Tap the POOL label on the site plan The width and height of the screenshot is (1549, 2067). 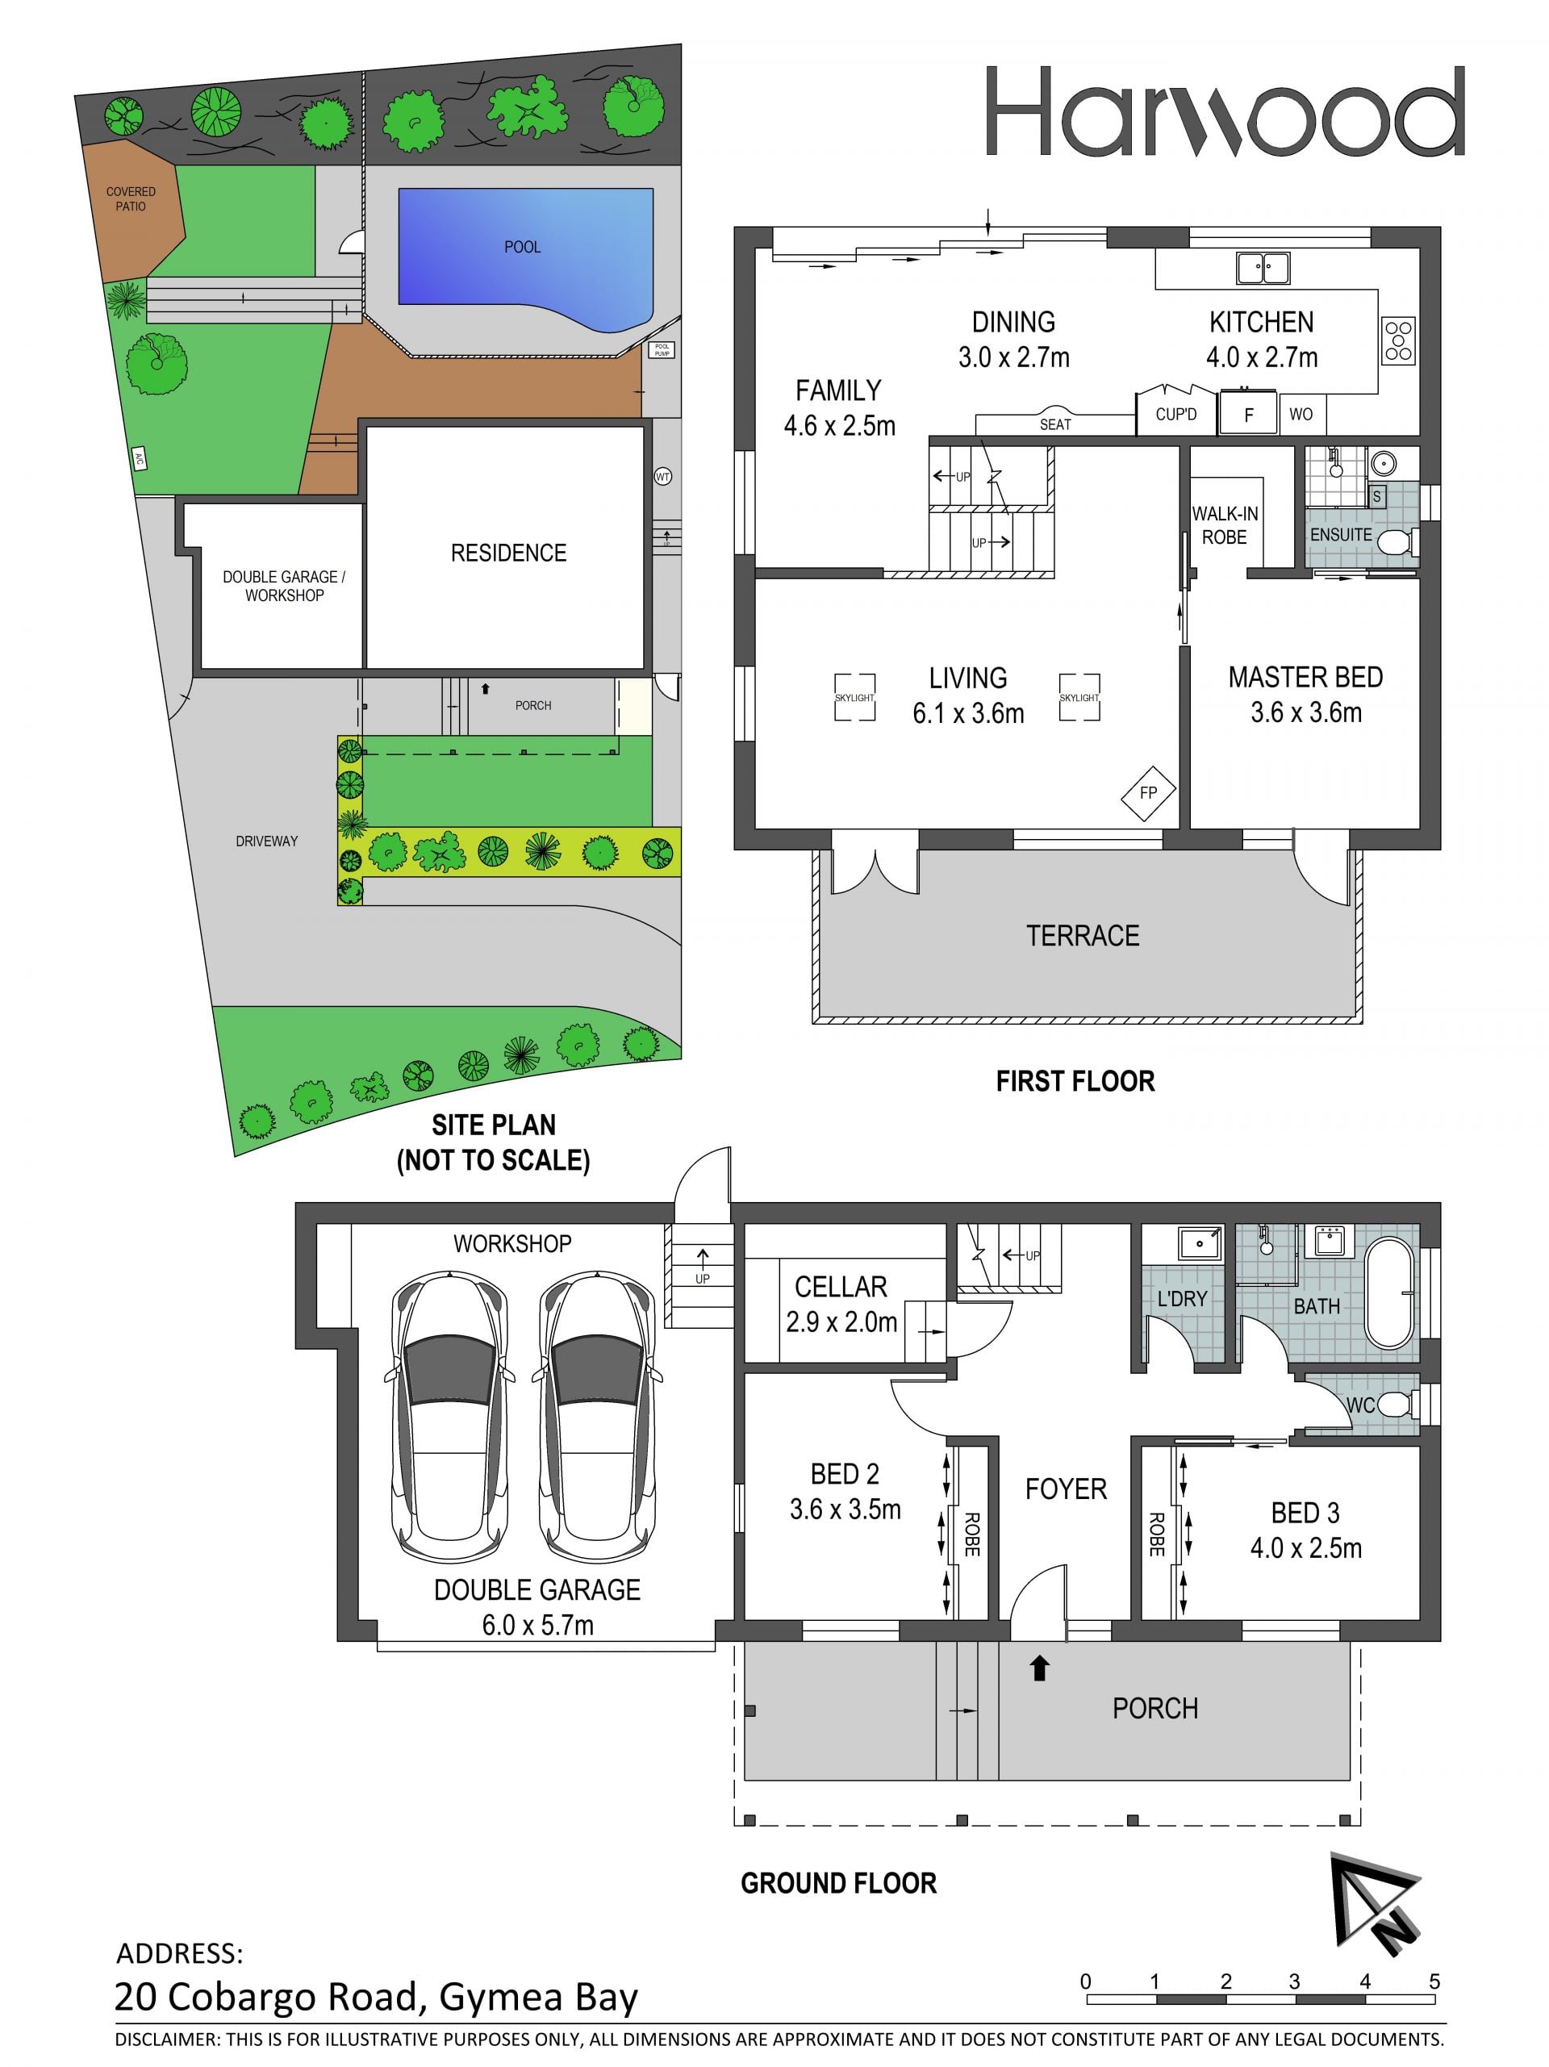522,247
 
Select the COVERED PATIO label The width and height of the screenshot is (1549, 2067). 131,199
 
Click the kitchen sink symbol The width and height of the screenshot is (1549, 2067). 1263,267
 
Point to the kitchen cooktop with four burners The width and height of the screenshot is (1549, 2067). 1399,340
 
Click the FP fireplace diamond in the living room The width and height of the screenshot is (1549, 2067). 1148,792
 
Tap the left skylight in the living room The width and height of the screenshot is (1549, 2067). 855,697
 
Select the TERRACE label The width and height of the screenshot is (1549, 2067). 1083,935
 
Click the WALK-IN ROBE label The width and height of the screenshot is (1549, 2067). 1225,525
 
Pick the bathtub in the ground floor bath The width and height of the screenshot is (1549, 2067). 1390,1293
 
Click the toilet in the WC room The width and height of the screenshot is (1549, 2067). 1396,1405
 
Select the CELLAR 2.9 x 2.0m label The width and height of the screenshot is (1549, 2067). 841,1304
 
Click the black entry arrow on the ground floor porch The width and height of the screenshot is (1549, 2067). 1038,1668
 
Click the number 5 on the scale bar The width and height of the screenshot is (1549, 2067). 1434,1981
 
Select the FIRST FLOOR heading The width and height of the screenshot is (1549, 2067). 1075,1081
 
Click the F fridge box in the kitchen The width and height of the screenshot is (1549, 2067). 1248,415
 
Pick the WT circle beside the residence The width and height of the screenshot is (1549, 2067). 662,477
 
